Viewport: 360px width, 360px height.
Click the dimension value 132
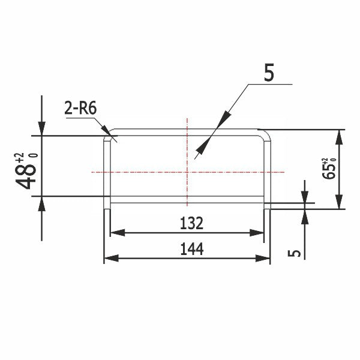coord(191,224)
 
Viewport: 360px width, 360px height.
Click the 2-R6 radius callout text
coord(80,109)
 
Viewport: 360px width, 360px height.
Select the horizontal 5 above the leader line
coord(269,72)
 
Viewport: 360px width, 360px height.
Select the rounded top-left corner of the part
coord(108,133)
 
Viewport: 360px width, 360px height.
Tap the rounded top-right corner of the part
coord(266,133)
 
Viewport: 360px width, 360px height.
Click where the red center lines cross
coord(187,172)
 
